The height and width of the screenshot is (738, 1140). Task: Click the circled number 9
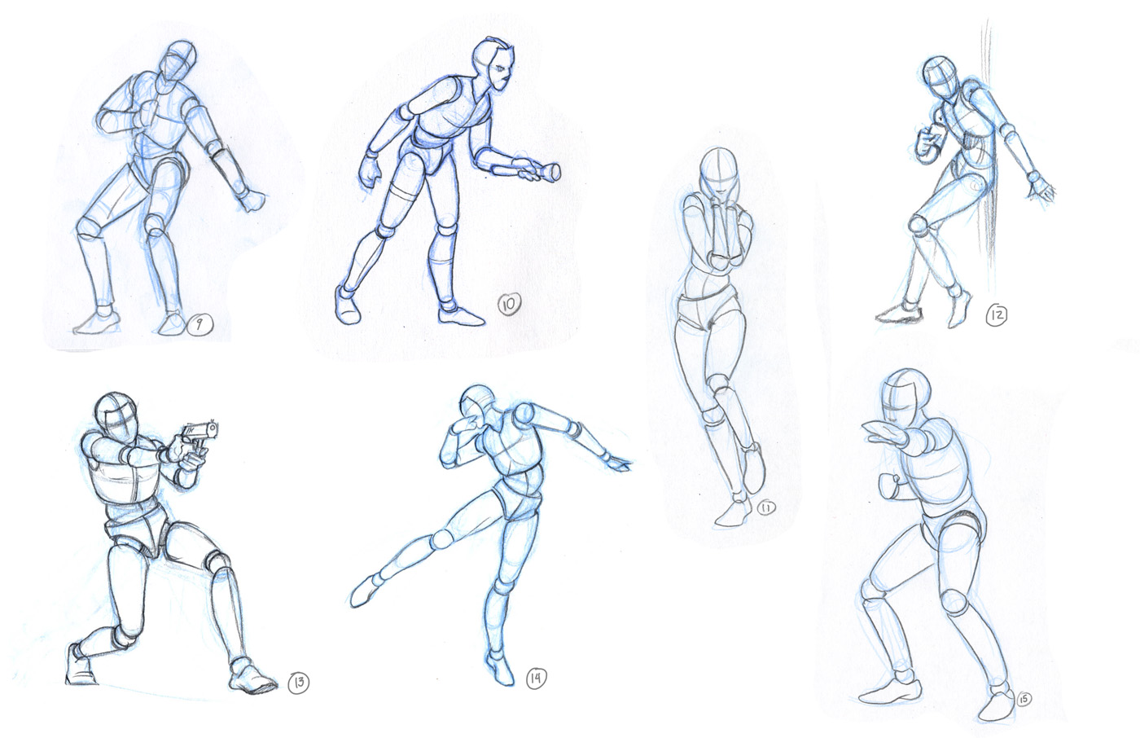(199, 324)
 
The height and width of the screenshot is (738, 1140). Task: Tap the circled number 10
(509, 305)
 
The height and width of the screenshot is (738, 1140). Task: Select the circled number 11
(766, 508)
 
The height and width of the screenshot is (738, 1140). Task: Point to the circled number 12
(996, 314)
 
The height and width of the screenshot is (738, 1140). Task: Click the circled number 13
(299, 682)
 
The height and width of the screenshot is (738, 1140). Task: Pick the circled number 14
(536, 678)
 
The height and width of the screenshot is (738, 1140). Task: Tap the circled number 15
(1024, 700)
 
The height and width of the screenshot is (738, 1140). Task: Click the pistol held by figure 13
(199, 437)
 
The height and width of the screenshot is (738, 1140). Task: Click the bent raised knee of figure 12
(919, 224)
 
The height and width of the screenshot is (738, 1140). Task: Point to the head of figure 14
(479, 402)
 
